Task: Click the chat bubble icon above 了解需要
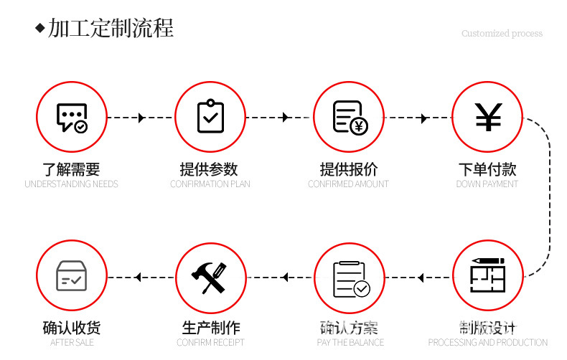(71, 118)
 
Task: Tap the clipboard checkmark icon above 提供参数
(210, 117)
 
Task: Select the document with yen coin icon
(350, 118)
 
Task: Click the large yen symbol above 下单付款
(488, 118)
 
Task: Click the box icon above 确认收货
(71, 277)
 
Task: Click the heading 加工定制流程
(111, 29)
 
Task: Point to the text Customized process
(502, 34)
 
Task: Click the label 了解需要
(71, 170)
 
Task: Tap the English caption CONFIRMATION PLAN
(210, 184)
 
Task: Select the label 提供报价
(349, 170)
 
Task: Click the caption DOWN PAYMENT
(487, 184)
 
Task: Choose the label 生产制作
(210, 328)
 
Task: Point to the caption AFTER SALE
(72, 343)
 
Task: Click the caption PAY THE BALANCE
(350, 343)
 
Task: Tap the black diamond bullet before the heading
(40, 29)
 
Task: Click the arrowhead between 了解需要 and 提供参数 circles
(141, 118)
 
